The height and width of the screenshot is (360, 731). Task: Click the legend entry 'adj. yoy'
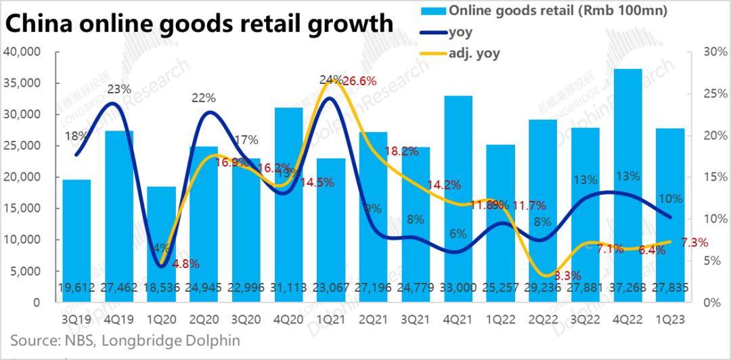click(x=474, y=53)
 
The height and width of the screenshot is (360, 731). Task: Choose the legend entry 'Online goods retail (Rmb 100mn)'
click(x=549, y=9)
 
